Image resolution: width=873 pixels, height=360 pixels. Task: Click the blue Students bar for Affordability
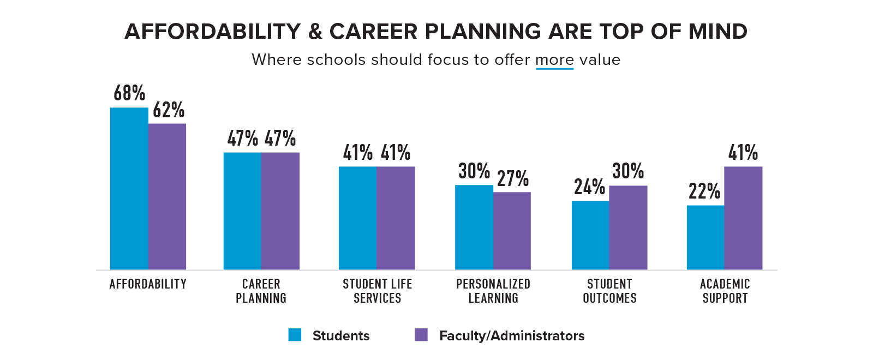pos(129,188)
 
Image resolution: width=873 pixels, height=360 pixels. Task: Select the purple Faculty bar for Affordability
pos(167,196)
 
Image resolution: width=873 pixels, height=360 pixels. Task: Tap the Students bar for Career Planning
pos(242,211)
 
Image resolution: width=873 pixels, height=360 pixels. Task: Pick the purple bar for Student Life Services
pos(396,218)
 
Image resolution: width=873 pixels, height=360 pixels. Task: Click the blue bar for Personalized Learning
pos(474,227)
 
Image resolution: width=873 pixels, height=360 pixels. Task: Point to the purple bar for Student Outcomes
pos(628,227)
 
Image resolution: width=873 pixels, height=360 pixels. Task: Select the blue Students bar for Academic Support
pos(705,237)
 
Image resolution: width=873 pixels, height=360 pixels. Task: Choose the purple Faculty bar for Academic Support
pos(743,218)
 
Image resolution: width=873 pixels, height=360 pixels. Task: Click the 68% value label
pos(129,93)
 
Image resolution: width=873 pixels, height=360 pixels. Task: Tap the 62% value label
pos(169,110)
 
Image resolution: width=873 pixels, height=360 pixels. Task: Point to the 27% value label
pos(513,178)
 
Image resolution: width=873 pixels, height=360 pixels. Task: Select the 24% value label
pos(589,187)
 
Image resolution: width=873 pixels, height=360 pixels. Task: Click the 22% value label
pos(704,191)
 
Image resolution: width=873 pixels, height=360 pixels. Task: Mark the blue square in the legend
pos(295,335)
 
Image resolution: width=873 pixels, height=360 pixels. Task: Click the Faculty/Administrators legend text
pos(512,335)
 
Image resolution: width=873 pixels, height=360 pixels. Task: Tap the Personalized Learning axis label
pos(493,291)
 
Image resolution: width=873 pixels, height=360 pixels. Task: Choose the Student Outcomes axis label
pos(609,291)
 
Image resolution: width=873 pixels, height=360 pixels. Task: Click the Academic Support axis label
pos(725,291)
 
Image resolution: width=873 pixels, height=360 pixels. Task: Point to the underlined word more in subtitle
pos(554,59)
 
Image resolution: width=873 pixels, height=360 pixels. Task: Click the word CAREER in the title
pos(374,32)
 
